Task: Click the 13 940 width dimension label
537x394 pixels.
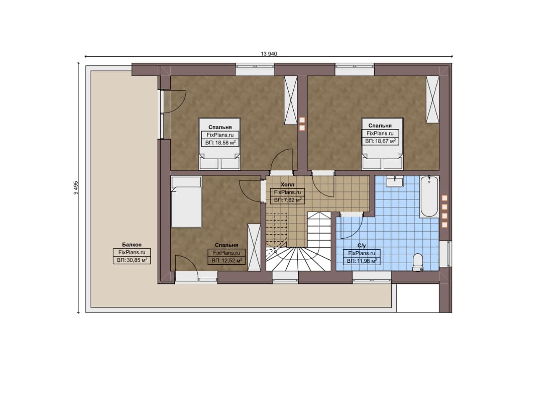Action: (269, 54)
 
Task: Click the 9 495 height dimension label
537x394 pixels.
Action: (76, 188)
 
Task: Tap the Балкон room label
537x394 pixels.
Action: (132, 245)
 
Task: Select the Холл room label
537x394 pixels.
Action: (287, 185)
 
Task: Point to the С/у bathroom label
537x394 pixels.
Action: (362, 245)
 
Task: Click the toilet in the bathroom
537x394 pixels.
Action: (418, 262)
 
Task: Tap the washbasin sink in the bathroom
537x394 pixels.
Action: (395, 181)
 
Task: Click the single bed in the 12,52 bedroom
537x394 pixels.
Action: (186, 201)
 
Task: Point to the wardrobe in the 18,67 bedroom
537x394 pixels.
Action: (433, 99)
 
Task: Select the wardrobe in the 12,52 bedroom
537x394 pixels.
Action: (254, 248)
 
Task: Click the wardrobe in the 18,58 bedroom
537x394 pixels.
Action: (291, 100)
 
